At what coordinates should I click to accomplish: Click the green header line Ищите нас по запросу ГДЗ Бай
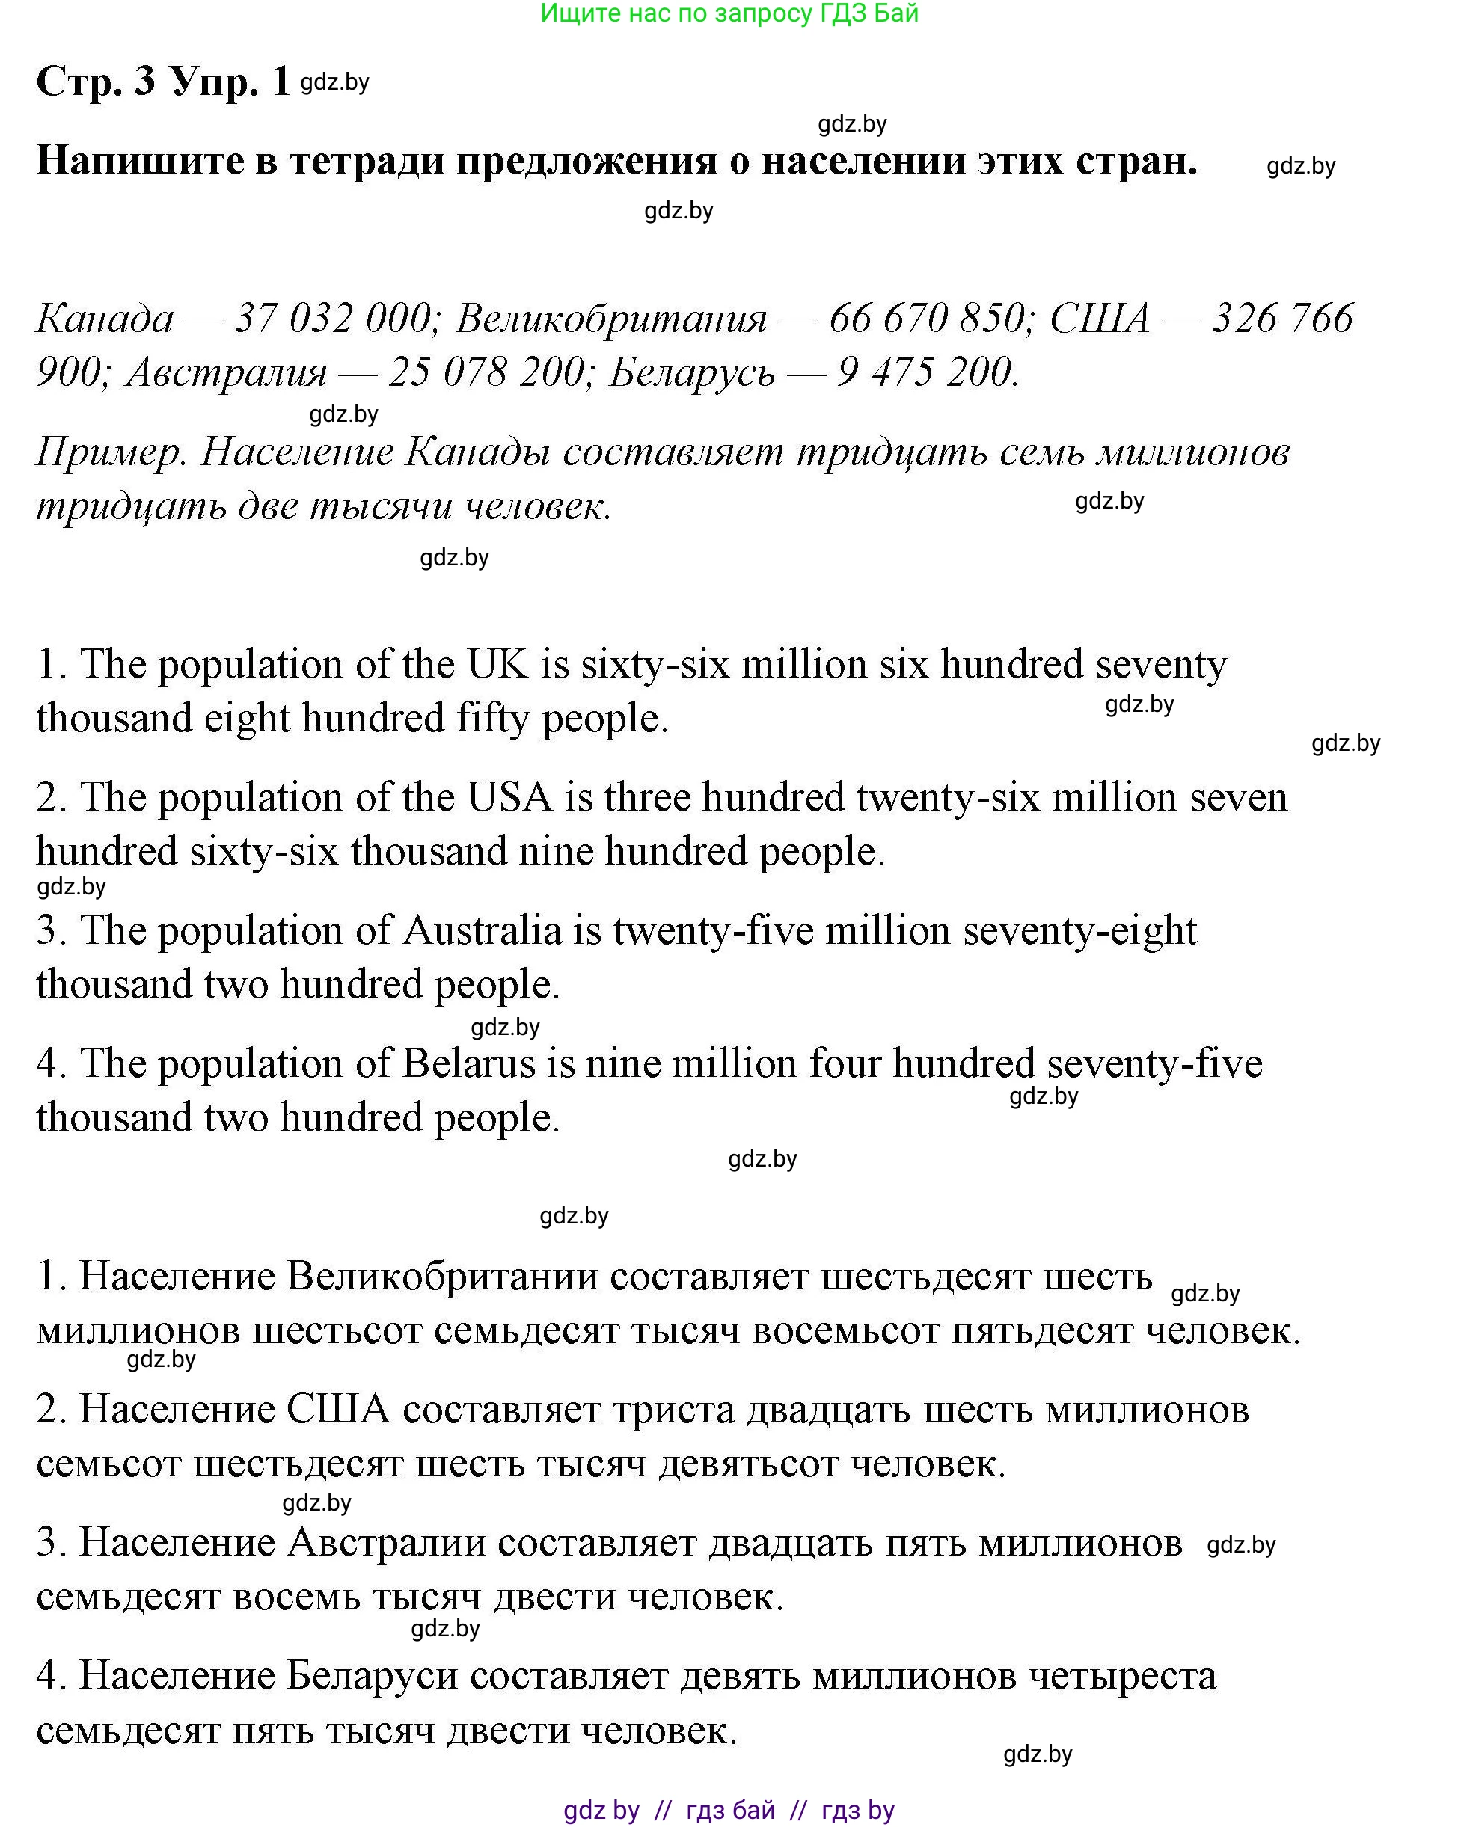coord(729,13)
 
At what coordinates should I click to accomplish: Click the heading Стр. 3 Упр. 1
coord(163,82)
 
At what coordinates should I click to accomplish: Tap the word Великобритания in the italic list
coord(611,319)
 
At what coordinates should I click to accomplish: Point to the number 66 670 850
coord(928,319)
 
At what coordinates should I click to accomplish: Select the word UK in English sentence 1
coord(497,664)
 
